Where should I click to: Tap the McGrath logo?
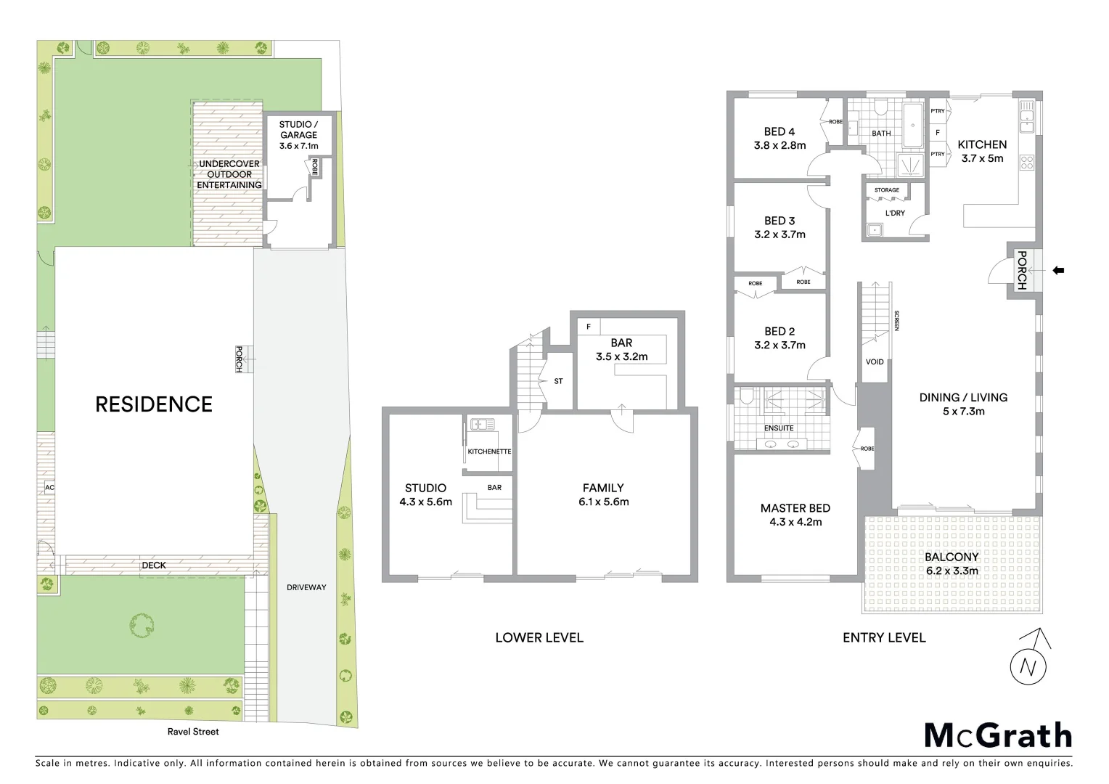[998, 735]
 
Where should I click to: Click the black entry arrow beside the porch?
[1058, 271]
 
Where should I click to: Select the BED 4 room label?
[779, 131]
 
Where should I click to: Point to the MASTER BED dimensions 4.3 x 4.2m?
[795, 522]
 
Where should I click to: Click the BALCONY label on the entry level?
[952, 557]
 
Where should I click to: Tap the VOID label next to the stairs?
[875, 362]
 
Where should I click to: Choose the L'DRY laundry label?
[895, 213]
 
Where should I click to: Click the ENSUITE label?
[779, 428]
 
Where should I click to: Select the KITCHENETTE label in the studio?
[489, 452]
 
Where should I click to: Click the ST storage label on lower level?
[558, 381]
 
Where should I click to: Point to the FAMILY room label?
[603, 488]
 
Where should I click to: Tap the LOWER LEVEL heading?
[539, 637]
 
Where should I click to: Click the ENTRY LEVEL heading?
[884, 637]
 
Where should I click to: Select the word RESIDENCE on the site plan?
[154, 404]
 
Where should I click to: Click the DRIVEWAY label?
[306, 587]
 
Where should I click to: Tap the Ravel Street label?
[193, 732]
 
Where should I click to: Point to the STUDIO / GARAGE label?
[298, 129]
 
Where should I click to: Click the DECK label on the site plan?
[154, 565]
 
